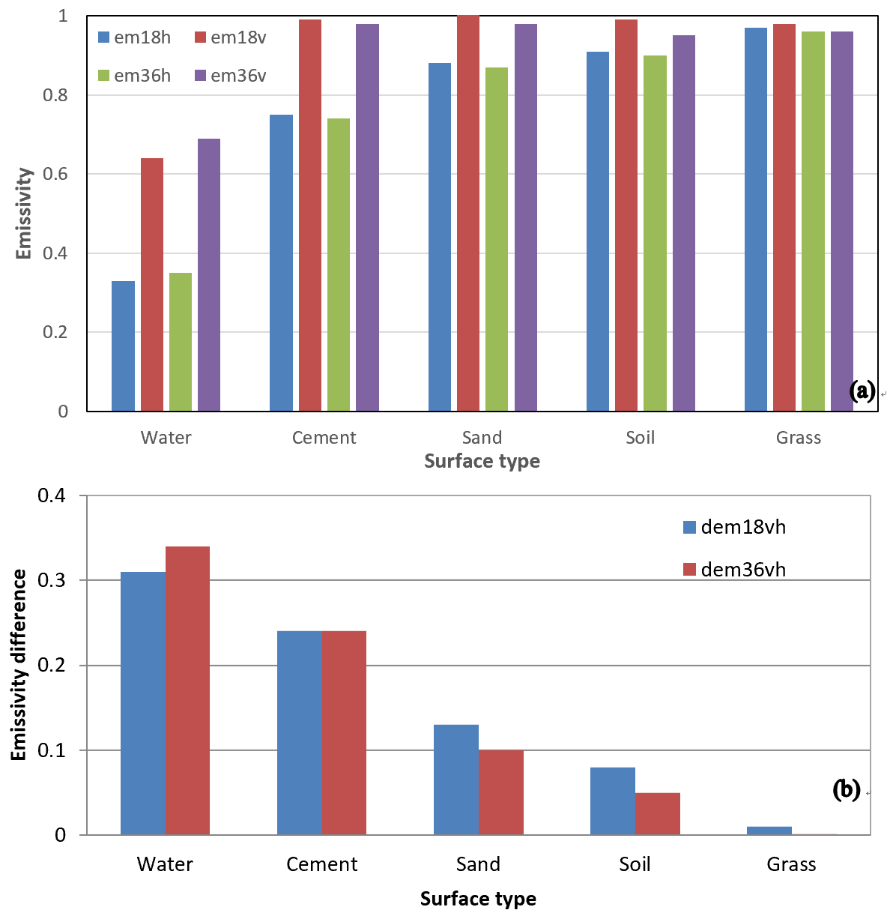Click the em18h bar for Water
[x=123, y=346]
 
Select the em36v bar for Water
[x=209, y=274]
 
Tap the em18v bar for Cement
[x=310, y=215]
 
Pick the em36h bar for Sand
[x=497, y=239]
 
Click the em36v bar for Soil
[x=684, y=223]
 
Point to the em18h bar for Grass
[x=756, y=219]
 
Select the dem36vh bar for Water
[x=187, y=690]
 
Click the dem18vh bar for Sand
[x=456, y=780]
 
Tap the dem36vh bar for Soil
[x=658, y=813]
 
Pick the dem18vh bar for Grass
[x=769, y=831]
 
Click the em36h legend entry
[x=135, y=76]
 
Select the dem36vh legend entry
[x=735, y=570]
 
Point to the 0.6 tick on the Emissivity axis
[x=55, y=174]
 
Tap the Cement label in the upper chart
[x=324, y=438]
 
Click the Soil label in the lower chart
[x=635, y=864]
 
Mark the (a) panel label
[x=862, y=391]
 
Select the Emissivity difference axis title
[x=19, y=665]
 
